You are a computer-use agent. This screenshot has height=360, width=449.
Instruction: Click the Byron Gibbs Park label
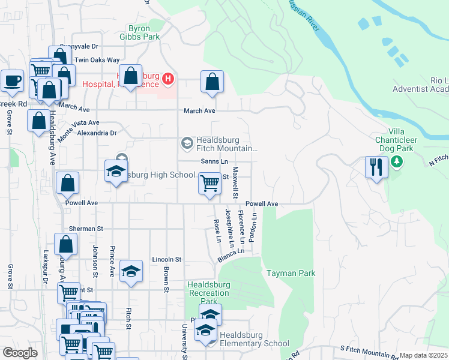[144, 32]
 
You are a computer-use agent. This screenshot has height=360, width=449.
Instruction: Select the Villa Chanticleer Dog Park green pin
[396, 161]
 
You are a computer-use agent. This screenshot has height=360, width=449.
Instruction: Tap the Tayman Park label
[291, 273]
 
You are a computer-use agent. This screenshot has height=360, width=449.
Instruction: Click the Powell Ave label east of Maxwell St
[261, 204]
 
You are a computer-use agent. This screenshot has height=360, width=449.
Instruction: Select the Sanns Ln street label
[214, 162]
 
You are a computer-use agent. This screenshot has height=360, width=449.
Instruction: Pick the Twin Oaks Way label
[97, 61]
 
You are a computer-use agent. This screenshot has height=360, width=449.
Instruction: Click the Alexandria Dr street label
[97, 133]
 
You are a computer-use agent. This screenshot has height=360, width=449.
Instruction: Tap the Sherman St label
[86, 229]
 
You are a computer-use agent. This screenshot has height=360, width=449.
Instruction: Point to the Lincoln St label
[166, 259]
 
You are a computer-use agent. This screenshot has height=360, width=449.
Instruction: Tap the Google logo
[20, 353]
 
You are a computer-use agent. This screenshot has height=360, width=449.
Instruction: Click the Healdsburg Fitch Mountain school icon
[187, 143]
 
